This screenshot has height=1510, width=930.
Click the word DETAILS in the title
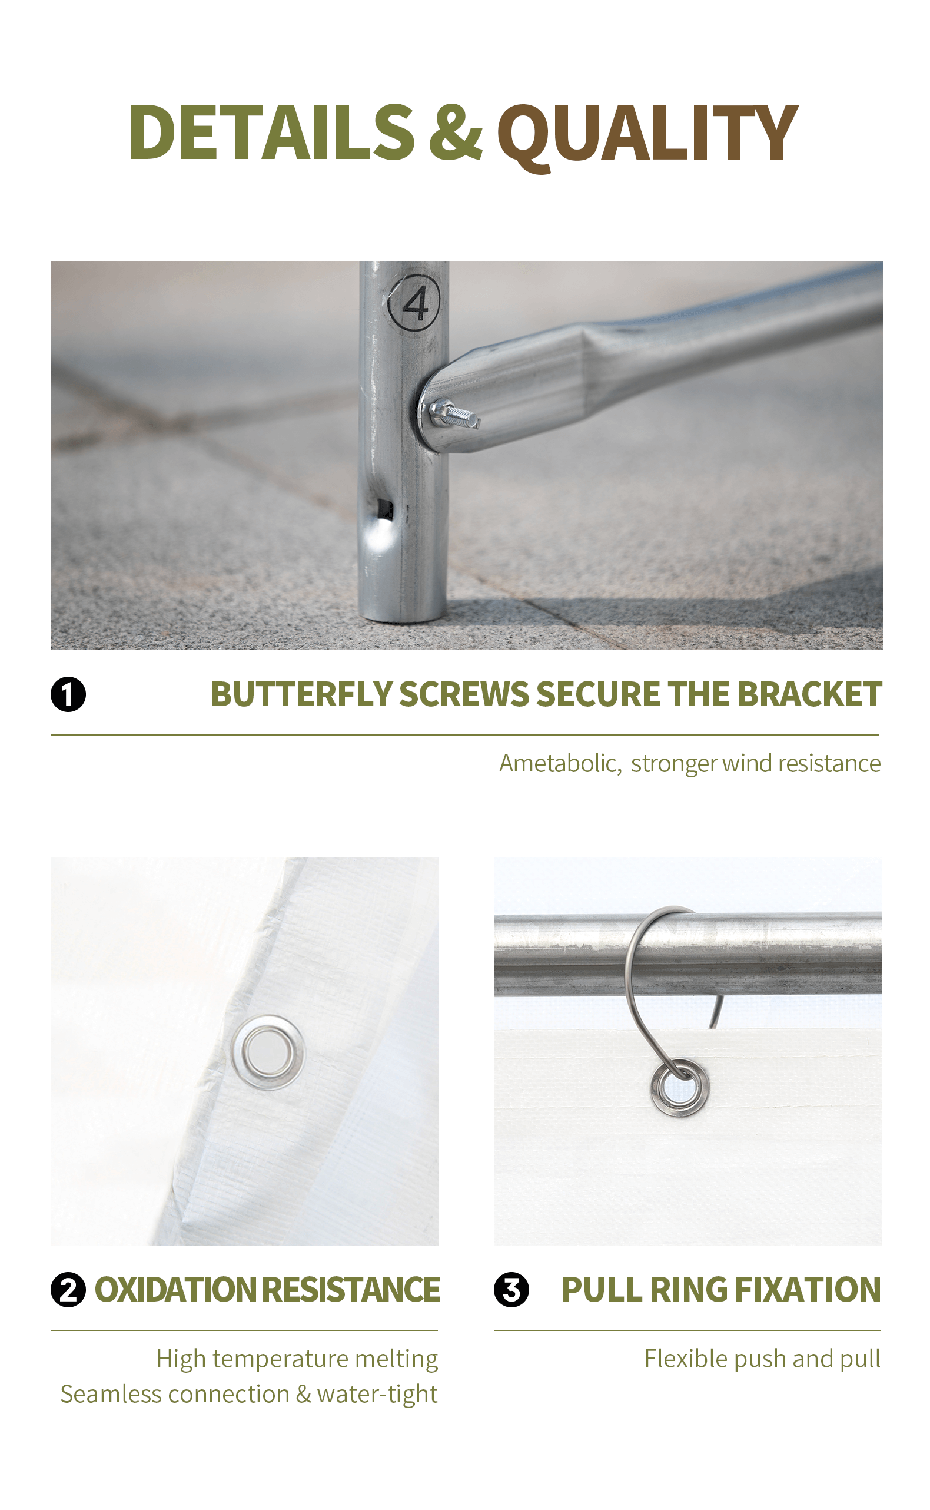pyautogui.click(x=271, y=133)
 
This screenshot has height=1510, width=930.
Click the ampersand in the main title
pyautogui.click(x=455, y=133)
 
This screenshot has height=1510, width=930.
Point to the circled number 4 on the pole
pyautogui.click(x=414, y=303)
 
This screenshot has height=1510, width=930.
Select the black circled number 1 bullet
pyautogui.click(x=68, y=694)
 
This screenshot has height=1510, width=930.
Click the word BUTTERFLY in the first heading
pyautogui.click(x=301, y=694)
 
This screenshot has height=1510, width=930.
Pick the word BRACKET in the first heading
pyautogui.click(x=809, y=694)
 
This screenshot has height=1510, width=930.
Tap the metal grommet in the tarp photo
pyautogui.click(x=268, y=1052)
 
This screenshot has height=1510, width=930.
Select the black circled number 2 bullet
pyautogui.click(x=68, y=1290)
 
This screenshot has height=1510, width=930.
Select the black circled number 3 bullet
pyautogui.click(x=511, y=1290)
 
